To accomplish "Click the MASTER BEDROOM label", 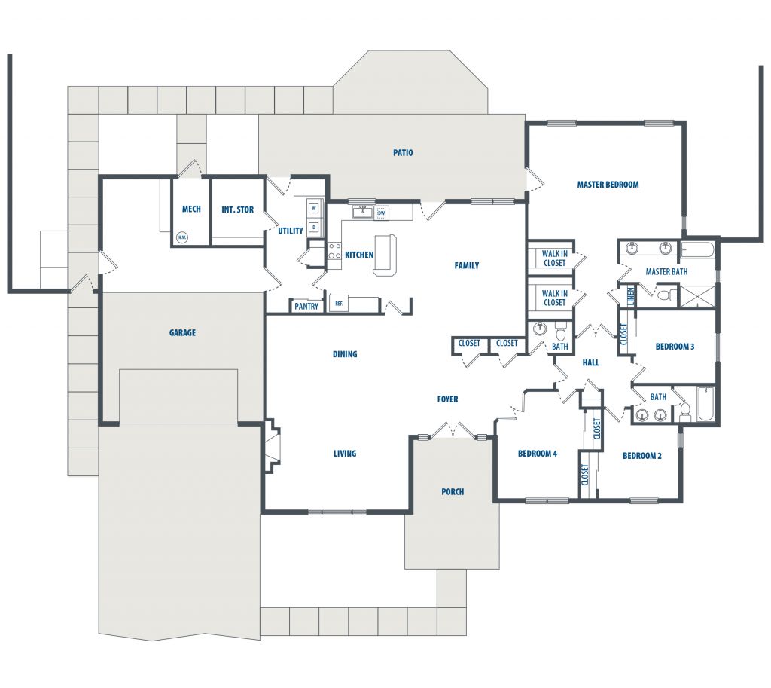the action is pyautogui.click(x=608, y=185).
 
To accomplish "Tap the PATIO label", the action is pyautogui.click(x=403, y=152).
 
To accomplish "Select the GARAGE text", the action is pyautogui.click(x=182, y=332).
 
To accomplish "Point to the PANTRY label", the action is pyautogui.click(x=306, y=306).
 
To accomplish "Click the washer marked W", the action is pyautogui.click(x=314, y=209).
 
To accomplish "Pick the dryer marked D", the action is pyautogui.click(x=314, y=228).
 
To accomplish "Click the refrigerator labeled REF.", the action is pyautogui.click(x=339, y=304).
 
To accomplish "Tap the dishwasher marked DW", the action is pyautogui.click(x=381, y=213).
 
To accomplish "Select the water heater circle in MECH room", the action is pyautogui.click(x=182, y=237).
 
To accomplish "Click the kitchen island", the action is pyautogui.click(x=385, y=255).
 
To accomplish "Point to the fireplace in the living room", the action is pyautogui.click(x=273, y=446).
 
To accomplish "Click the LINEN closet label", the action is pyautogui.click(x=631, y=295).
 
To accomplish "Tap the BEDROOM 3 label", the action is pyautogui.click(x=675, y=347).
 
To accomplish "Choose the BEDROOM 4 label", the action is pyautogui.click(x=538, y=453).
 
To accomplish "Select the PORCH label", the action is pyautogui.click(x=453, y=491).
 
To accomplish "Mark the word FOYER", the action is pyautogui.click(x=447, y=399).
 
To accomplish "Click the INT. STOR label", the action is pyautogui.click(x=237, y=209).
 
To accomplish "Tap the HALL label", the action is pyautogui.click(x=590, y=362).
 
